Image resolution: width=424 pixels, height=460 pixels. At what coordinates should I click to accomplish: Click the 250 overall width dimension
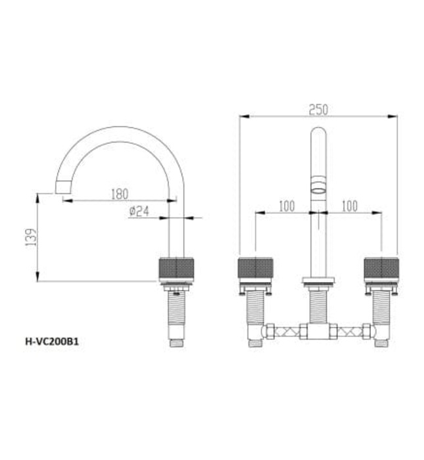click(x=318, y=110)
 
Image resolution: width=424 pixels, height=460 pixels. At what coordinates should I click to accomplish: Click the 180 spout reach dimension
click(x=119, y=194)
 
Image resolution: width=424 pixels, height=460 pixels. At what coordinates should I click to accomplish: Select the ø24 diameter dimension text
click(x=141, y=211)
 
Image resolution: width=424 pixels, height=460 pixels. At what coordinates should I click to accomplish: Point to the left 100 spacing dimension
click(x=286, y=206)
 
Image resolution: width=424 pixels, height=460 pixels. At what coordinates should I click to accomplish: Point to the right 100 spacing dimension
click(x=349, y=206)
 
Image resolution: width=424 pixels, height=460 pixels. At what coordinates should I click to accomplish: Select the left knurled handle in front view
click(x=254, y=269)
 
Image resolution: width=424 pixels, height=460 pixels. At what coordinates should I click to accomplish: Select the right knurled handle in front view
click(x=381, y=269)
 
